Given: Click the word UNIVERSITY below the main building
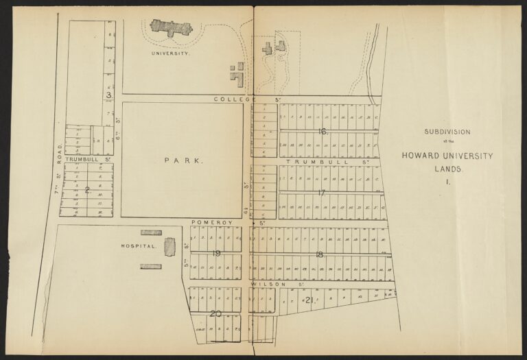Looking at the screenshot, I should coord(170,52).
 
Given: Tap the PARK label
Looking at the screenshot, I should coord(184,160).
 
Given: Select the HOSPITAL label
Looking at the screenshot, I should coord(139,245).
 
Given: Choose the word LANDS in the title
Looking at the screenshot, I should coord(447,168).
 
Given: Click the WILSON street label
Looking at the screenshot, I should coord(263,283).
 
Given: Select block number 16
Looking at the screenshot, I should coord(323,131).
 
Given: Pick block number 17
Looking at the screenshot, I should coord(321,193).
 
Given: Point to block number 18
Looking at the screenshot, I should coord(319,254).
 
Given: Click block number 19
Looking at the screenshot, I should coord(216,254).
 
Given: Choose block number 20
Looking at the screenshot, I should coord(216,313).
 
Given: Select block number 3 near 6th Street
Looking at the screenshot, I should coord(108,95).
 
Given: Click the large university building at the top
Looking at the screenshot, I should coord(170,28).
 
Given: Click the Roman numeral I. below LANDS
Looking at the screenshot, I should coord(447,182).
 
